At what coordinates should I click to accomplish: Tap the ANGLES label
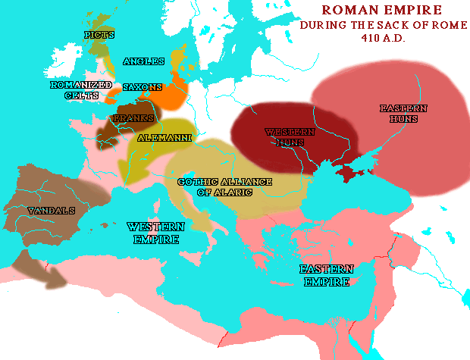click(x=143, y=61)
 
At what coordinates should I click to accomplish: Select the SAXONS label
click(x=142, y=87)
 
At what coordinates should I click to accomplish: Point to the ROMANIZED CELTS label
click(x=81, y=90)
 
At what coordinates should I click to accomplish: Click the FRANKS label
click(x=133, y=119)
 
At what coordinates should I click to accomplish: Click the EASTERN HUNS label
click(x=403, y=114)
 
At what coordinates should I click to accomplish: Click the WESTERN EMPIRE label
click(x=155, y=233)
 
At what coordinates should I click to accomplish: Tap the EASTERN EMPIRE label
click(x=327, y=275)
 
